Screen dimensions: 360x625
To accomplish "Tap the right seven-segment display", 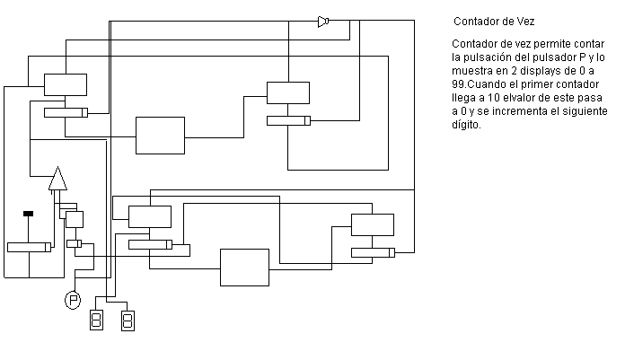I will coord(128,320).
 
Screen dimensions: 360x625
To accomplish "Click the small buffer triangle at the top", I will coord(323,22).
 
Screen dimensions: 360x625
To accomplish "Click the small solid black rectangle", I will coord(29,213).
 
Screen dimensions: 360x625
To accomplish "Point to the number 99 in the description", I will coord(459,83).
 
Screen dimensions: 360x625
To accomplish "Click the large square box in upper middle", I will coord(160,136).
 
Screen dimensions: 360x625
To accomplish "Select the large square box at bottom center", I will coord(244,267).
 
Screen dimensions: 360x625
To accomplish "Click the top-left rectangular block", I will coord(66,84).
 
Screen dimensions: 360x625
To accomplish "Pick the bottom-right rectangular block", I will coord(372,224).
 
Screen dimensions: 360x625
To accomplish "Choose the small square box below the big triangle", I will coord(75,218).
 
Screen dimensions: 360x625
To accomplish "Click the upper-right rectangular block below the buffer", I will coord(287,92).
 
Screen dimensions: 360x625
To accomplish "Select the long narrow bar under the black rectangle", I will coord(29,247).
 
